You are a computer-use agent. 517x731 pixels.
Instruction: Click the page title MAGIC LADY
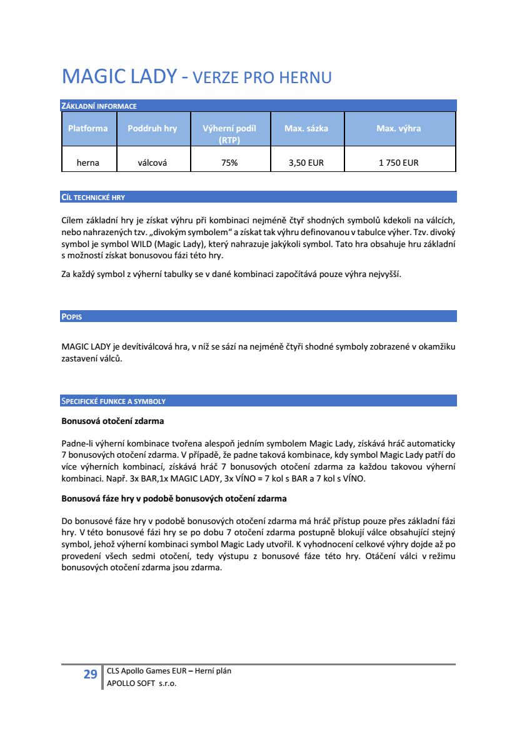(x=119, y=77)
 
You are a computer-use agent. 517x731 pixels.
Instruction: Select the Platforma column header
(x=88, y=128)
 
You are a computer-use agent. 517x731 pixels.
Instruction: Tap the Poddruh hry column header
(x=152, y=128)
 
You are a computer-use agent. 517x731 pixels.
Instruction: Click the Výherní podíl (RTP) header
(x=229, y=134)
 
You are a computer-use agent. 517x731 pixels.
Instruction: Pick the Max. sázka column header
(x=306, y=128)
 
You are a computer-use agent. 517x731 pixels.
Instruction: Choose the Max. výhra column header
(x=398, y=128)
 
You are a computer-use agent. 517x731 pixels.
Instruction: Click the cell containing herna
(x=88, y=163)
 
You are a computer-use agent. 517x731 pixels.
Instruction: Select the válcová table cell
(x=155, y=163)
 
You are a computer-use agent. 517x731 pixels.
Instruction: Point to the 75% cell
(x=229, y=163)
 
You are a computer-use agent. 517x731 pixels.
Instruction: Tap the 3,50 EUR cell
(x=306, y=163)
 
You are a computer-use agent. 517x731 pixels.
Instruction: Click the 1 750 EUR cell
(x=398, y=163)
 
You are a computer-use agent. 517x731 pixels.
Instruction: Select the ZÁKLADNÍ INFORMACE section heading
(x=99, y=106)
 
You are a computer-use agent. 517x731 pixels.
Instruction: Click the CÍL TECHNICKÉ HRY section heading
(x=93, y=198)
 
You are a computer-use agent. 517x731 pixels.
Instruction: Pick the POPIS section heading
(x=72, y=317)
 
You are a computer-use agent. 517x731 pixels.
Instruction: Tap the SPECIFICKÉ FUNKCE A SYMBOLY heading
(x=113, y=401)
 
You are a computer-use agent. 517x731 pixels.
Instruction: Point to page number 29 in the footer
(x=90, y=674)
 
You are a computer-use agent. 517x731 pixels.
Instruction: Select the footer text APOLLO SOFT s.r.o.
(x=142, y=684)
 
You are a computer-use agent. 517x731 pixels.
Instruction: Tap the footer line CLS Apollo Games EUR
(x=147, y=671)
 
